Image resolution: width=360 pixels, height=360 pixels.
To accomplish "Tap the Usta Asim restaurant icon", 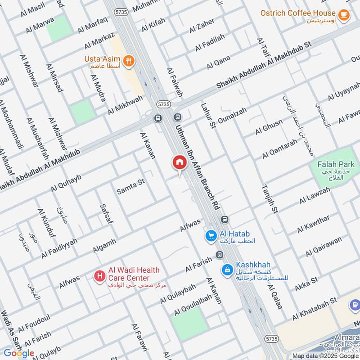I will pyautogui.click(x=129, y=60).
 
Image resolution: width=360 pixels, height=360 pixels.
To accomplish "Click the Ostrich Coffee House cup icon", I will pyautogui.click(x=344, y=15).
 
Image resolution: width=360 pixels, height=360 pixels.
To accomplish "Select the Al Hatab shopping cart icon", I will pyautogui.click(x=210, y=235).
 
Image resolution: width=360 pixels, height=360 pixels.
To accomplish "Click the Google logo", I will pyautogui.click(x=19, y=353).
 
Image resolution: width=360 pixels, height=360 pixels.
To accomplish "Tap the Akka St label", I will pyautogui.click(x=306, y=284).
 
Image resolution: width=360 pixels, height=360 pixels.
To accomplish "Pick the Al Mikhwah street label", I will pyautogui.click(x=125, y=105).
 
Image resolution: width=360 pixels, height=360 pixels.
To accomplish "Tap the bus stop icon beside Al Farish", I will pyautogui.click(x=219, y=255).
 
